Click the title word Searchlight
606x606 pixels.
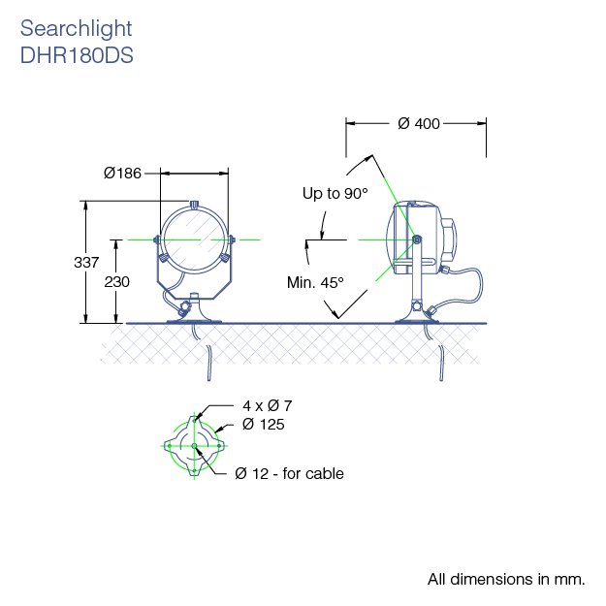(x=76, y=29)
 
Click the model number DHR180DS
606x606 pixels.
(x=77, y=55)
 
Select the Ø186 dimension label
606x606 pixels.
(x=122, y=173)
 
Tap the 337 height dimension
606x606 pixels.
(x=87, y=262)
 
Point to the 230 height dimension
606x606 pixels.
(x=116, y=280)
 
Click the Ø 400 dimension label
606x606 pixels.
(x=418, y=123)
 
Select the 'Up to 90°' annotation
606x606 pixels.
(x=335, y=194)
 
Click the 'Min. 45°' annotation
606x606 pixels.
(x=315, y=282)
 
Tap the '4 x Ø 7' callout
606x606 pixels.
(x=268, y=405)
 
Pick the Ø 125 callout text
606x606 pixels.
(x=264, y=425)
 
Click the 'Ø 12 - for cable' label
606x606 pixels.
(x=289, y=473)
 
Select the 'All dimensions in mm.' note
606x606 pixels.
(x=506, y=580)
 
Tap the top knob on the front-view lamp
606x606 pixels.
(x=195, y=204)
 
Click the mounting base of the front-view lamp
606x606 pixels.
(x=194, y=315)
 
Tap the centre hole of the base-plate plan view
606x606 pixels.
(x=195, y=446)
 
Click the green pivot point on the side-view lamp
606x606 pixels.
(x=415, y=239)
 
